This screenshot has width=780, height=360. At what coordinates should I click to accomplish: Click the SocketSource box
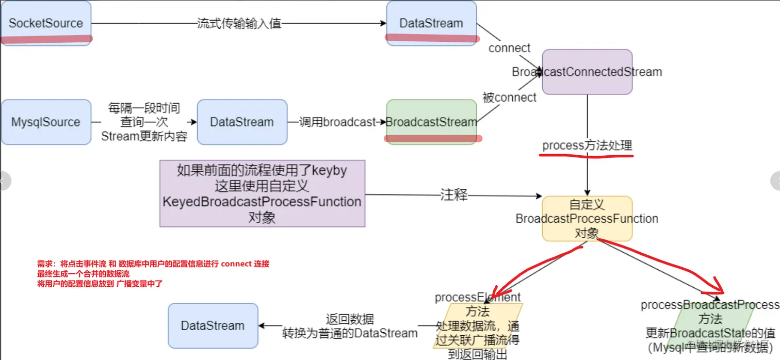coord(46,23)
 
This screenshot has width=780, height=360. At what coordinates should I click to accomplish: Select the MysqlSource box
coord(46,122)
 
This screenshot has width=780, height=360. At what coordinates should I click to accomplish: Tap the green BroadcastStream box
coord(431,122)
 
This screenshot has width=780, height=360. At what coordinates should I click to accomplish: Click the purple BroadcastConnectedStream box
coord(587,72)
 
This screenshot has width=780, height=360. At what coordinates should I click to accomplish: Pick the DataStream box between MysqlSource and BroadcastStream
coord(242,122)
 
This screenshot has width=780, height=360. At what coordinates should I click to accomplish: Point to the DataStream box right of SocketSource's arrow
coord(431,23)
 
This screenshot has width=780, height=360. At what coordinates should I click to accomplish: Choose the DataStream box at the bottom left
coord(213,325)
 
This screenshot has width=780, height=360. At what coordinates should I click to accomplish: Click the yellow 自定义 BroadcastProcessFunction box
coord(587,219)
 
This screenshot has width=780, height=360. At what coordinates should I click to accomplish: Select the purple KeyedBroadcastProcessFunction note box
coord(262,194)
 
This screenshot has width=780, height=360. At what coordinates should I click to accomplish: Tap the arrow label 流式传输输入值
coord(239,23)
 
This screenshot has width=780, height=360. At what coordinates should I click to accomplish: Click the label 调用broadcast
coord(338,122)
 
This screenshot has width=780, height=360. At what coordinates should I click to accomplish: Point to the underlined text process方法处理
coord(587,146)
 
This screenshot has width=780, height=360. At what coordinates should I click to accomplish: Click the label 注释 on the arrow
coord(454,195)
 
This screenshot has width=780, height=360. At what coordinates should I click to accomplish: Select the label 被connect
coord(509,97)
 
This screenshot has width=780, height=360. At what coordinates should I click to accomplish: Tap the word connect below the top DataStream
coord(509,48)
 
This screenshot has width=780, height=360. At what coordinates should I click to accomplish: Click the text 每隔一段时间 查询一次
coord(144,116)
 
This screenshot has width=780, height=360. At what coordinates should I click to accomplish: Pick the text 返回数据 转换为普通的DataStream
coord(350,326)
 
